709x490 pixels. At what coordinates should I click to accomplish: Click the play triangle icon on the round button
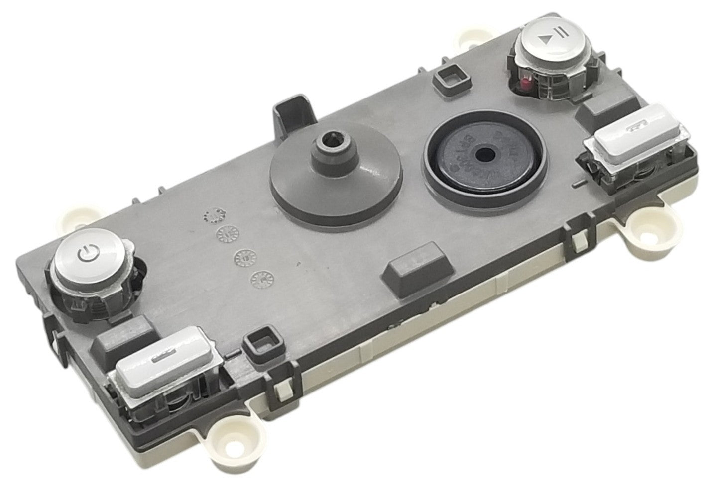pyautogui.click(x=547, y=37)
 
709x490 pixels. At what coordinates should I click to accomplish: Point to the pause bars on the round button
pyautogui.click(x=561, y=33)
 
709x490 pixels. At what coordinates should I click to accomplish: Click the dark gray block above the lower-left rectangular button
pyautogui.click(x=123, y=337)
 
